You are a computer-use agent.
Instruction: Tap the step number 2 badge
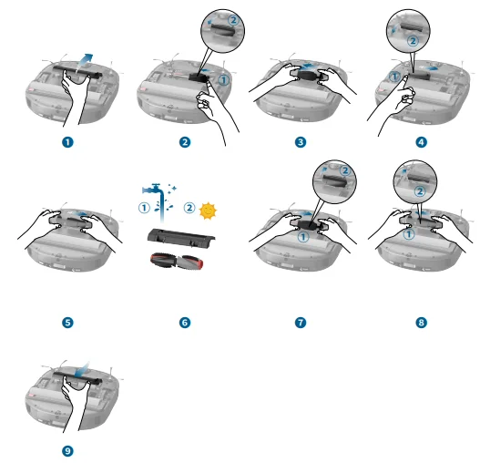[x=184, y=142]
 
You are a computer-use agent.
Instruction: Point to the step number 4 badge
[x=420, y=142]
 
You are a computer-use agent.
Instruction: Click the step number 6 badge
[x=184, y=322]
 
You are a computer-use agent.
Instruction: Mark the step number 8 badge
[x=420, y=322]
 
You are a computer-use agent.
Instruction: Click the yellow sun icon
[x=209, y=210]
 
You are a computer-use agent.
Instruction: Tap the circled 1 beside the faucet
[x=143, y=207]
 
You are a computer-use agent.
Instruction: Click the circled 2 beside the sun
[x=189, y=208]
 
